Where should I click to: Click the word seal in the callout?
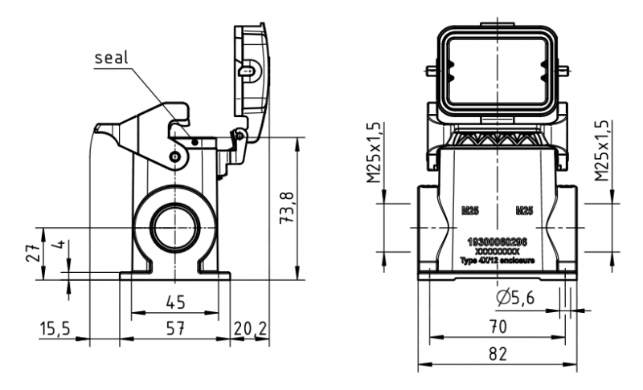[112, 58]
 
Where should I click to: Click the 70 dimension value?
[498, 326]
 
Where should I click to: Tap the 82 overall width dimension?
[498, 353]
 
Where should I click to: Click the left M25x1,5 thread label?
[375, 153]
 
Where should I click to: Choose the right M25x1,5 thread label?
[603, 152]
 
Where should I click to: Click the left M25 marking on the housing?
[470, 211]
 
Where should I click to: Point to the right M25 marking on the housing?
[523, 211]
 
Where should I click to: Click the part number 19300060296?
[498, 242]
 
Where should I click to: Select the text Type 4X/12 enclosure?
[498, 260]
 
